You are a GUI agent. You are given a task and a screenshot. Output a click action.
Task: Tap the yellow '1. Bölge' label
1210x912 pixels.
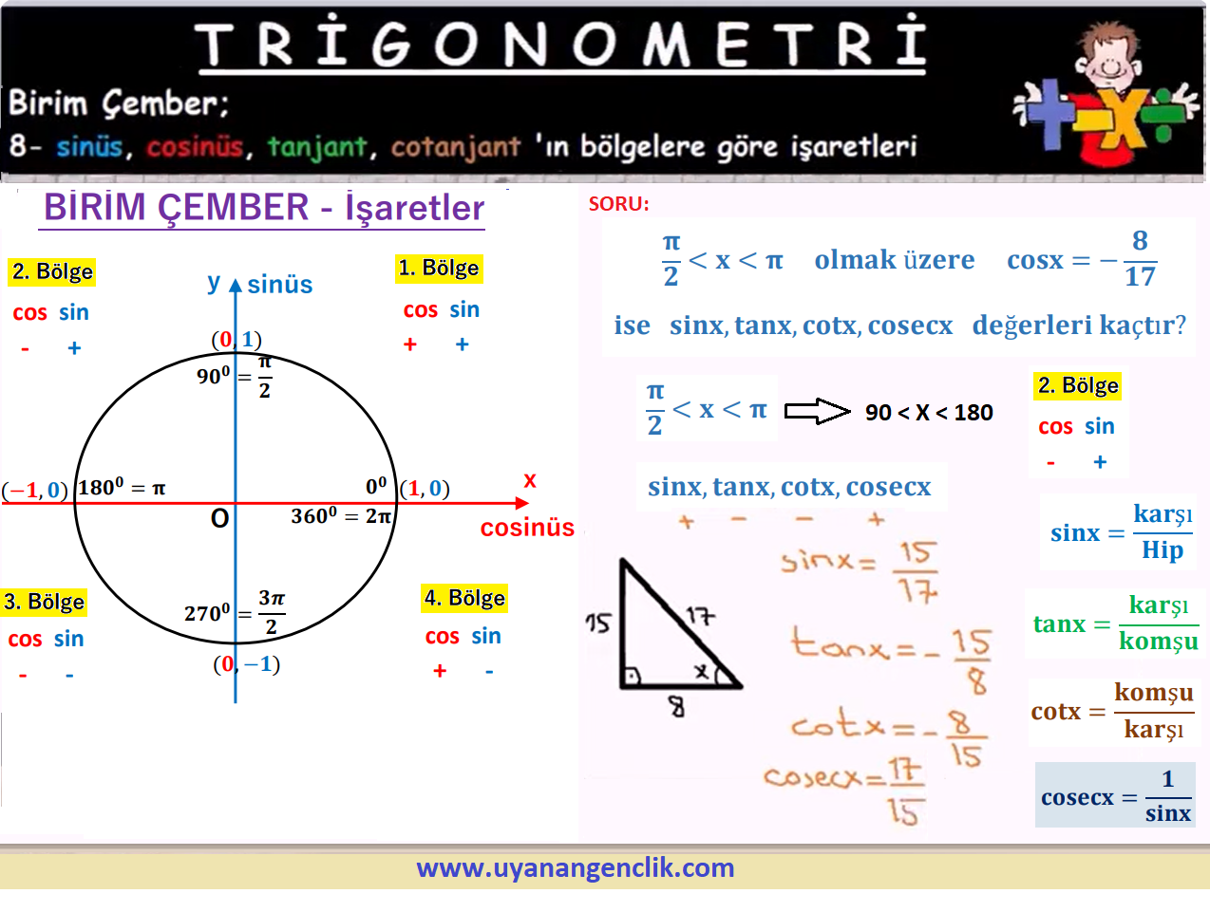439,269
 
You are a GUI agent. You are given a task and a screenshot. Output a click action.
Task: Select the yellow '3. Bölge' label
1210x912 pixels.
44,602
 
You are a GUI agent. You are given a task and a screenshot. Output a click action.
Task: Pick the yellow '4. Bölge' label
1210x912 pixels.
464,598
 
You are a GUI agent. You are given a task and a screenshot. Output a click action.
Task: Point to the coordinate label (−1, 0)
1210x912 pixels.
34,490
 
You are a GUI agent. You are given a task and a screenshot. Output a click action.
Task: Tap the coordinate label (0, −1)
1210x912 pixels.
246,664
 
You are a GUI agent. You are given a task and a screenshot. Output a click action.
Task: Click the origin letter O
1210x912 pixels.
219,518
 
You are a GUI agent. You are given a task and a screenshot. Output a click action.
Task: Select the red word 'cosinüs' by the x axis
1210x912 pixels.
527,527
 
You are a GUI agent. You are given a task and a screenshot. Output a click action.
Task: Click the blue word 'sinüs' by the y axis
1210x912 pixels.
279,284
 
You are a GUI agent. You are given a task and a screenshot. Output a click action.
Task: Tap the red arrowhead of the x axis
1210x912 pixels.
522,503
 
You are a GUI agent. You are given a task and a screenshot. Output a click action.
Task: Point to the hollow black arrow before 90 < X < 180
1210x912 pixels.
817,411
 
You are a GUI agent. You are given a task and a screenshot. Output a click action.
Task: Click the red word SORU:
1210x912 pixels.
618,204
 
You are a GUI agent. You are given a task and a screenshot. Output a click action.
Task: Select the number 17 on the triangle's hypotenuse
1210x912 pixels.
700,615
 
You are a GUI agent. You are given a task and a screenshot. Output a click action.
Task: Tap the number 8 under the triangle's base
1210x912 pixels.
676,706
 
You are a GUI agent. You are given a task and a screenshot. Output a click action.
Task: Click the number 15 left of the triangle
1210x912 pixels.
598,623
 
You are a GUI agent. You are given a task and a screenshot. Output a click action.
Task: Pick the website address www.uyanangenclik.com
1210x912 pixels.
575,868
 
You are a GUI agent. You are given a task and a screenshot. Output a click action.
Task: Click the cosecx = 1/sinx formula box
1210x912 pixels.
1115,794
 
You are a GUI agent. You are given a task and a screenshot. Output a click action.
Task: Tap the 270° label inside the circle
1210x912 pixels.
207,613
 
